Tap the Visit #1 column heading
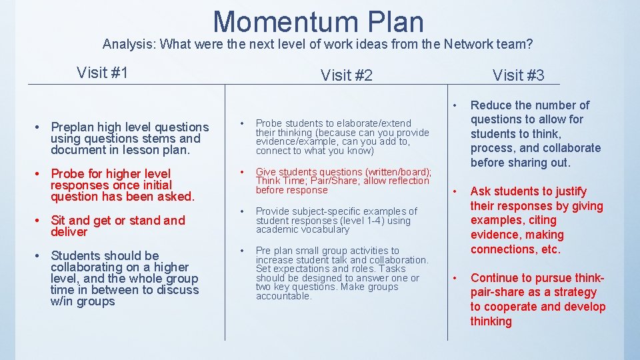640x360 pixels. pyautogui.click(x=103, y=72)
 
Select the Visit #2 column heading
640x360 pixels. pyautogui.click(x=347, y=75)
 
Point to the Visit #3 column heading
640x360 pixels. pyautogui.click(x=518, y=75)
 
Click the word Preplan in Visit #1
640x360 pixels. pyautogui.click(x=75, y=127)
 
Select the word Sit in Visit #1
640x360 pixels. pyautogui.click(x=58, y=221)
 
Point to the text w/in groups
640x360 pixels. pyautogui.click(x=83, y=301)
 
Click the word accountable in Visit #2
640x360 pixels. pyautogui.click(x=283, y=296)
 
